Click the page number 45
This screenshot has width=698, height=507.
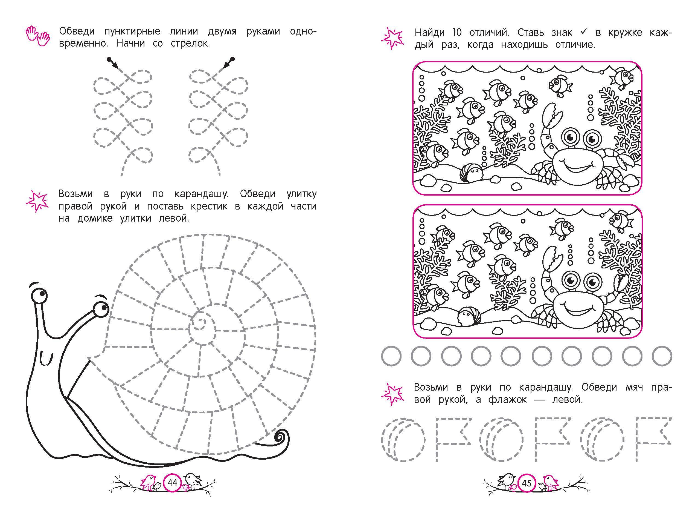(x=527, y=483)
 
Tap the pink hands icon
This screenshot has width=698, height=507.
(x=37, y=36)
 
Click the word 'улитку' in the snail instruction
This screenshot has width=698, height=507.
(x=301, y=194)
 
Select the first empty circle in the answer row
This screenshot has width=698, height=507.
(x=391, y=356)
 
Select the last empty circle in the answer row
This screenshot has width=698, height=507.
(x=662, y=356)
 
